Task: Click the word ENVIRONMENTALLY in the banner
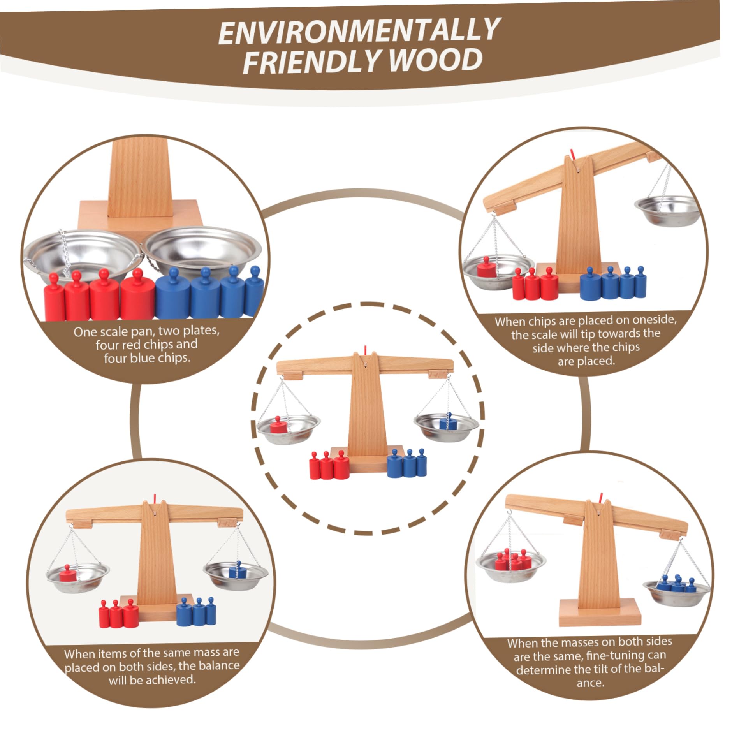(359, 31)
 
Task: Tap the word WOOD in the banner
(436, 60)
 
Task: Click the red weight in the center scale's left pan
(278, 425)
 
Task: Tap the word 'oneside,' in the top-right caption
(655, 320)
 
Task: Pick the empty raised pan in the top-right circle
(667, 210)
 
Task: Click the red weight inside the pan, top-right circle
(486, 267)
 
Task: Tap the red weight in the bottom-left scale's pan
(68, 573)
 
